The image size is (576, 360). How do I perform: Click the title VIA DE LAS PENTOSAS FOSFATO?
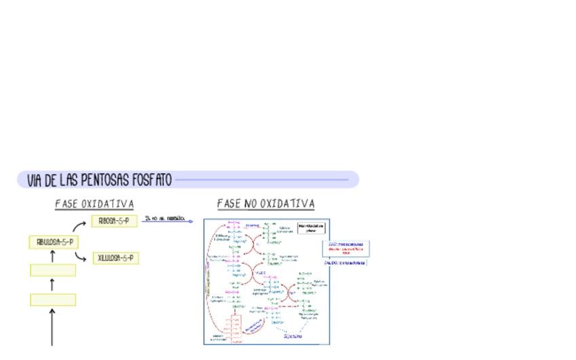point(99,180)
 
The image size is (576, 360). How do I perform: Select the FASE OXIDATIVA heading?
point(94,204)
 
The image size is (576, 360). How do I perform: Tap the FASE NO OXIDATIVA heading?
point(266,204)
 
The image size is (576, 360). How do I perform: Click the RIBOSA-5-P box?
point(114,221)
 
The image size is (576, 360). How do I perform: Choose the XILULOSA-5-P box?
point(115,258)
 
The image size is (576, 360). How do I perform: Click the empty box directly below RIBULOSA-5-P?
point(53,270)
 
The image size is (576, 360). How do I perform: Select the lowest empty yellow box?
point(53,300)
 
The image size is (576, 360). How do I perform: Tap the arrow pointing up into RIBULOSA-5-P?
point(53,256)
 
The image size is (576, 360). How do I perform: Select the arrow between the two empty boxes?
point(53,285)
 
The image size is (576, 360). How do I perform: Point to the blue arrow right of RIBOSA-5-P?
point(168,221)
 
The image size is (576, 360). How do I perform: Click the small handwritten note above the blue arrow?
point(164,217)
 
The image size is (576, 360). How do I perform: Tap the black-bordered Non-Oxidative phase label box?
point(311,228)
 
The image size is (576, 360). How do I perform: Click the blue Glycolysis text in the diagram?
point(292,336)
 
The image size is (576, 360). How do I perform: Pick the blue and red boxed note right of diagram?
point(346,249)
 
